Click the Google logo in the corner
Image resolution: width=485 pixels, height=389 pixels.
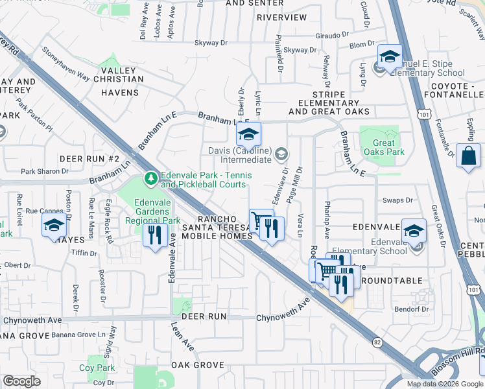click(21, 381)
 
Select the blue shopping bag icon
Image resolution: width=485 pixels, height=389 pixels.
click(468, 156)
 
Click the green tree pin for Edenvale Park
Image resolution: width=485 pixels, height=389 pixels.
click(150, 177)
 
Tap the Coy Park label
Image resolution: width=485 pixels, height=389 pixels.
click(97, 368)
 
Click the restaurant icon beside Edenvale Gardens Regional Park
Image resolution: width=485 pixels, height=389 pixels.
click(154, 234)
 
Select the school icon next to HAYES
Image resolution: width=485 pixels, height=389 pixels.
click(54, 225)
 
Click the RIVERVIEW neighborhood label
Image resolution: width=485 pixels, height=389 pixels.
click(281, 18)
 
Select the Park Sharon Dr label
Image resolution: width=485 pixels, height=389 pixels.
click(44, 172)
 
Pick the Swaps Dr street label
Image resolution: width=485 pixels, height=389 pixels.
click(397, 200)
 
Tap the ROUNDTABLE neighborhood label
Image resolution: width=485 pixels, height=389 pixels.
click(390, 281)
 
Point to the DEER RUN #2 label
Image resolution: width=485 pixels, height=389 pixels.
click(89, 159)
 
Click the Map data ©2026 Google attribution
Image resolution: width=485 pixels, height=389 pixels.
click(444, 384)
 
